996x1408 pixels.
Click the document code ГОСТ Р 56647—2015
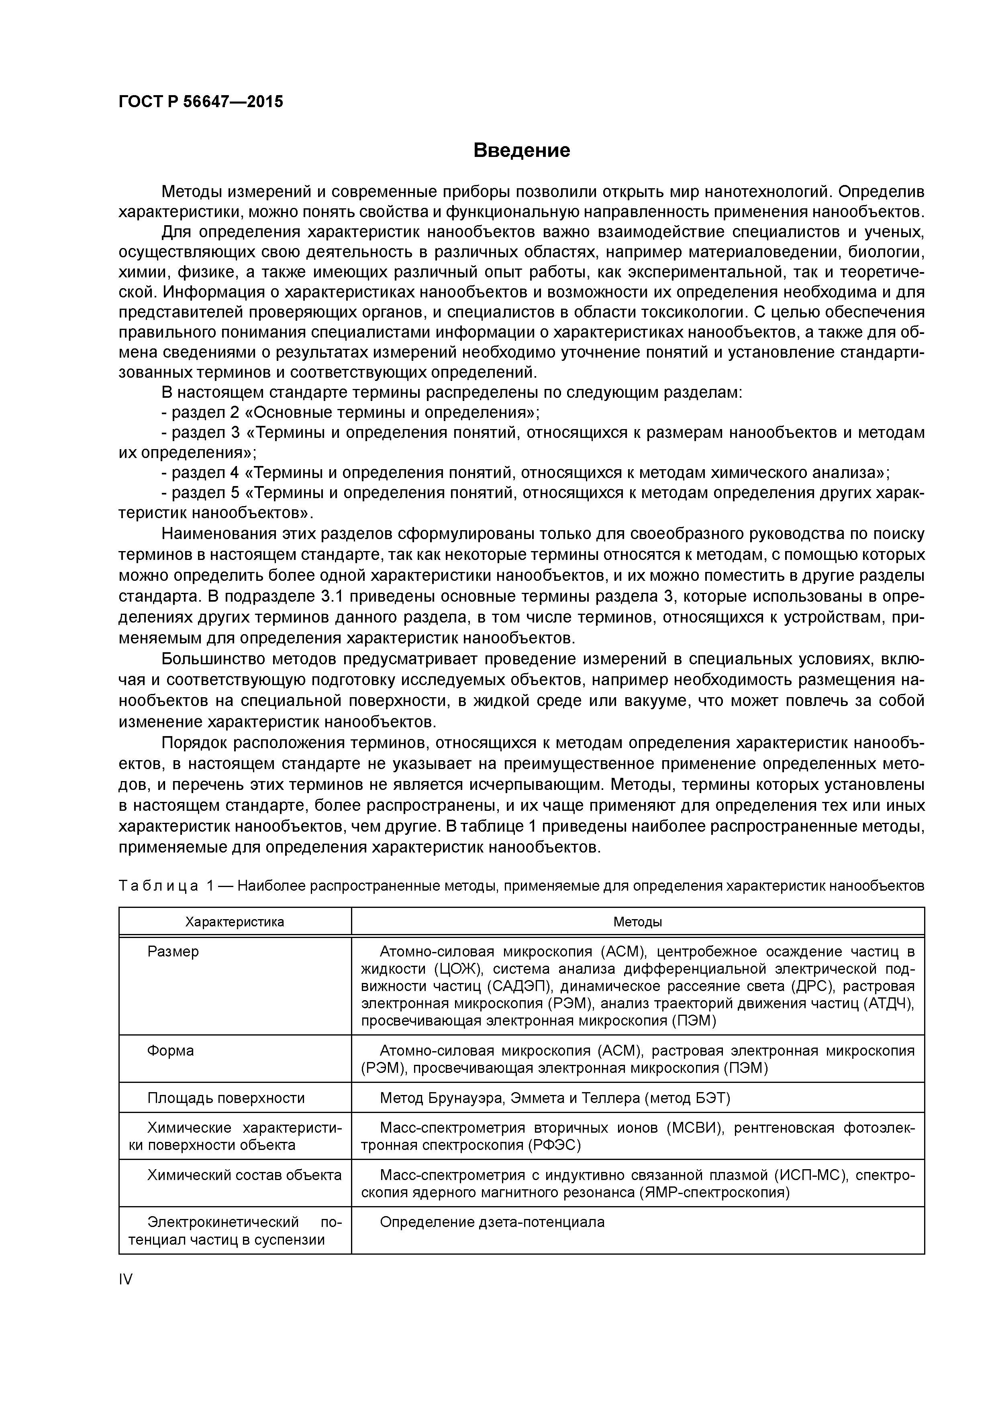201,102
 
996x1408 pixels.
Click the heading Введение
522,150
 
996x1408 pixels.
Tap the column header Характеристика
235,922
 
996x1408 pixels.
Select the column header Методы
638,922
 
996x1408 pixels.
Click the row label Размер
173,952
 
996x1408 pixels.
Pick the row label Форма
171,1050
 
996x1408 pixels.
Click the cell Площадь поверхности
226,1098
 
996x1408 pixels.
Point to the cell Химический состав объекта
244,1175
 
